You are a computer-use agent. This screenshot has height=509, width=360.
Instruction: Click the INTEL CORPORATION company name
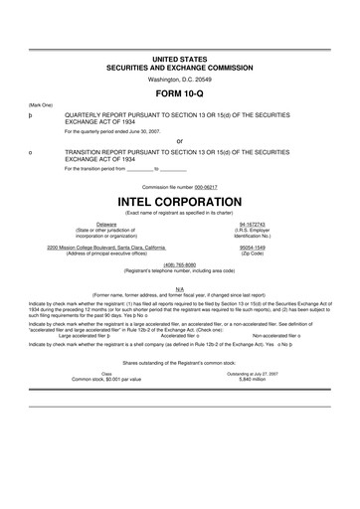point(180,199)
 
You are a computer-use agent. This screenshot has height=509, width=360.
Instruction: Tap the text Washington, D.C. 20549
point(180,78)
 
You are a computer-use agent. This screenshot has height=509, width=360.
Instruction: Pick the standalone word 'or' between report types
point(180,140)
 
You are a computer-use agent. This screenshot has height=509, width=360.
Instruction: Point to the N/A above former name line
point(180,289)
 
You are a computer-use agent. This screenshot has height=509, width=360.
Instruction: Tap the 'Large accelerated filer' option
point(82,336)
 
